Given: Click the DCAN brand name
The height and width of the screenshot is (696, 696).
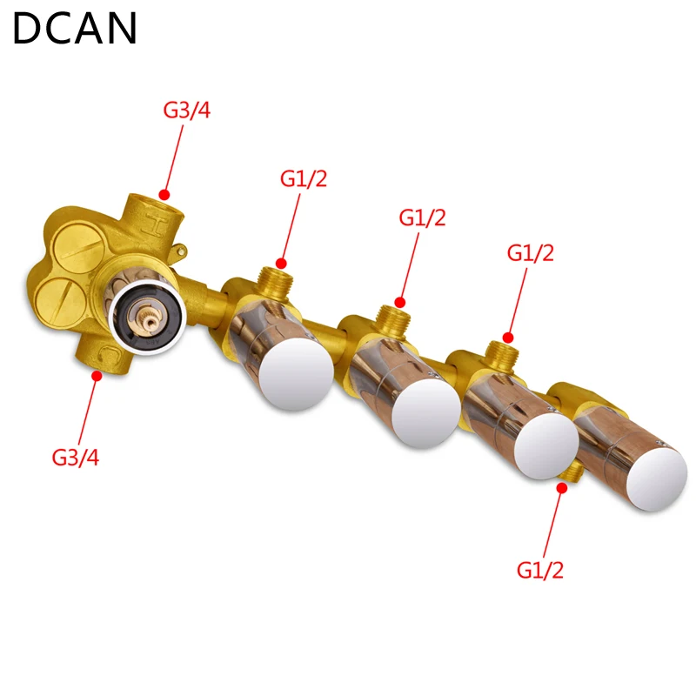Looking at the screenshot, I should click(x=75, y=29).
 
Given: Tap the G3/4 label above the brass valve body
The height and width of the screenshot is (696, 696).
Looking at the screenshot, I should click(x=187, y=111).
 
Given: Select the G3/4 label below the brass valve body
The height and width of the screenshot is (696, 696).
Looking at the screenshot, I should click(x=76, y=457).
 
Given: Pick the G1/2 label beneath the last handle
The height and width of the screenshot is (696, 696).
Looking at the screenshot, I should click(x=540, y=571).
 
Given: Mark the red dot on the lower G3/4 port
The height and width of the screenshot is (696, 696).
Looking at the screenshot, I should click(x=97, y=376).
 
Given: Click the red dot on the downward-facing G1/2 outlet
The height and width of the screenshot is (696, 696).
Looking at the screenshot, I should click(x=562, y=489).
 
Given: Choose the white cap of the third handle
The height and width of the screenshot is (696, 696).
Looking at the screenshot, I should click(x=546, y=444).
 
